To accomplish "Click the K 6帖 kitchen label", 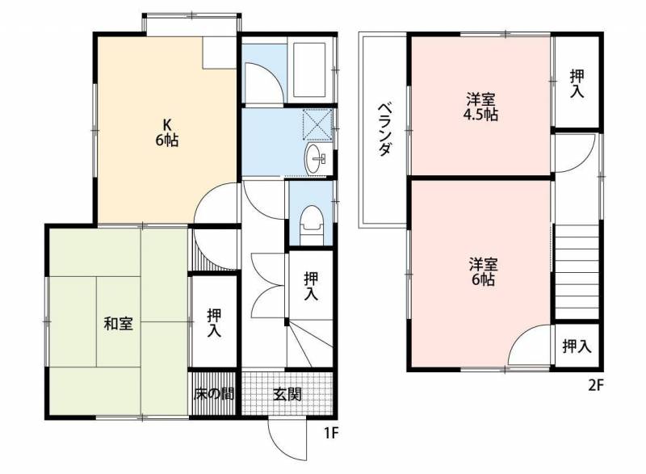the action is (167, 132).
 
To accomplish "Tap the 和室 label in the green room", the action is (118, 323).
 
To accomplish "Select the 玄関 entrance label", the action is (287, 394).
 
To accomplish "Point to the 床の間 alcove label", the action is (214, 394).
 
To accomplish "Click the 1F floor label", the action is (331, 433).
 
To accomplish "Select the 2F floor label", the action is (596, 385).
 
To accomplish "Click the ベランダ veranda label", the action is (384, 129).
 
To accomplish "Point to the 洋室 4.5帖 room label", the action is (480, 107).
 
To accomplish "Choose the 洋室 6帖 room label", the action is (482, 272).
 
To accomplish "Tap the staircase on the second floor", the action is (577, 272).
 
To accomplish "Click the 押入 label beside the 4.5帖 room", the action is (577, 84).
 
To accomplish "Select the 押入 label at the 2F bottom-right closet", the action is (577, 346).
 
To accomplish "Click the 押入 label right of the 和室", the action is (214, 323).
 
